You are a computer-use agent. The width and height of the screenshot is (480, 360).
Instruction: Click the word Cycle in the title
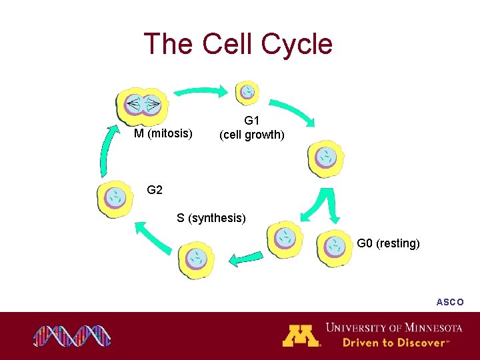pos(297,44)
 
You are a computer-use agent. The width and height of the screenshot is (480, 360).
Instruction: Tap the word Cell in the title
pos(227,44)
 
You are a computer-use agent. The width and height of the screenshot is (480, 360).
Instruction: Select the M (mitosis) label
pos(163,134)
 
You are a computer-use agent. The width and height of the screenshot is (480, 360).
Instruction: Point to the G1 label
pos(251,121)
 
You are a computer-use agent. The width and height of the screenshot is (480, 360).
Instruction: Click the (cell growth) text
pos(252,135)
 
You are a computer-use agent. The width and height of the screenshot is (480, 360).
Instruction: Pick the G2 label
pos(155,190)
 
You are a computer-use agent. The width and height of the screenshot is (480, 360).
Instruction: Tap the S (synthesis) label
pos(211,217)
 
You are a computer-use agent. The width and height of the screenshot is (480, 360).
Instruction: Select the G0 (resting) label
pos(388,243)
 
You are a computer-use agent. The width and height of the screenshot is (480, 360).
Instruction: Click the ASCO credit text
pos(450,302)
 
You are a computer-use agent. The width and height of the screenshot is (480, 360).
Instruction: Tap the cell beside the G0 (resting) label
pos(335,247)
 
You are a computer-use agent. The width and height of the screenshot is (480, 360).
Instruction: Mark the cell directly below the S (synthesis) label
pos(197,259)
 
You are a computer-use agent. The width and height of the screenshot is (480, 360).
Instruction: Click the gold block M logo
pos(301,335)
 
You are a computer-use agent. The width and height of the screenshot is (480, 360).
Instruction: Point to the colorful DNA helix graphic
pos(72,336)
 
